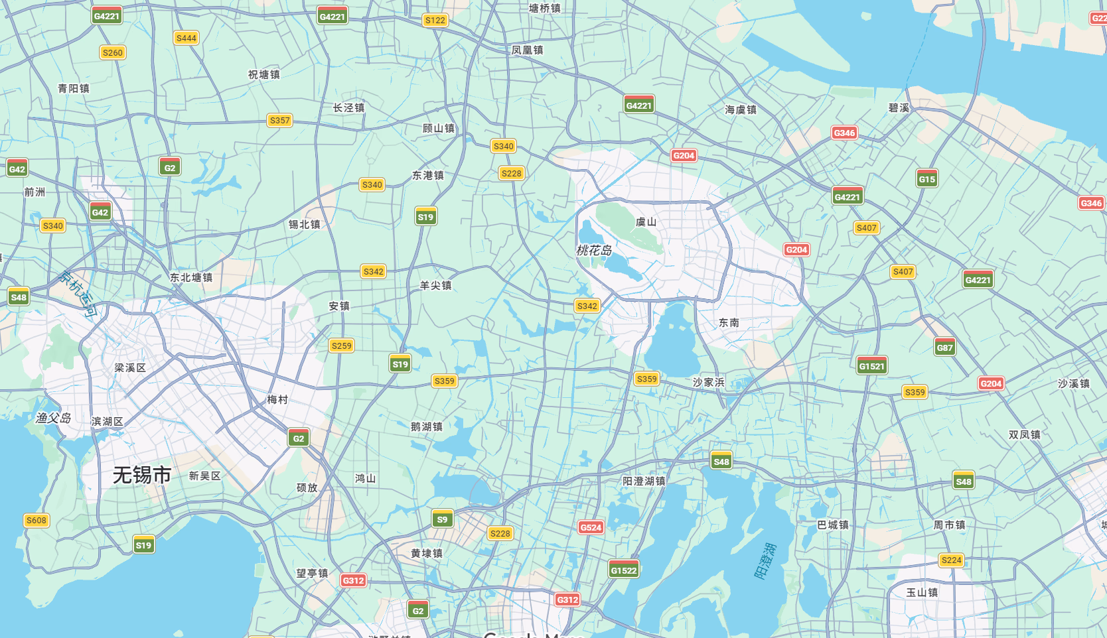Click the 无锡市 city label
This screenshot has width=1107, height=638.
click(142, 475)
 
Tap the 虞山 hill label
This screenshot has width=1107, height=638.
click(646, 222)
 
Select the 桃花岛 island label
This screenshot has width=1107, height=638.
click(594, 250)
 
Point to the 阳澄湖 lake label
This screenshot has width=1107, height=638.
click(765, 560)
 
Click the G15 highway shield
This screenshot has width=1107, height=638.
click(926, 179)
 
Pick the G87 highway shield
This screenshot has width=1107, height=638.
click(944, 348)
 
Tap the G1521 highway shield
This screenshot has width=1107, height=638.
click(871, 366)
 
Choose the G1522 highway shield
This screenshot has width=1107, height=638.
click(623, 570)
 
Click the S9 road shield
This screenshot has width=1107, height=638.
click(442, 519)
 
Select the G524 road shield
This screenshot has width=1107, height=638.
click(591, 527)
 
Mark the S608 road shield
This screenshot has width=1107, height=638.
click(37, 520)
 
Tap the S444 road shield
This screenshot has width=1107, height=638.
click(186, 38)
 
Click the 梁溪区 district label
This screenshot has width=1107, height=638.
click(130, 367)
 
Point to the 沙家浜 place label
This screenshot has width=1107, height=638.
click(709, 382)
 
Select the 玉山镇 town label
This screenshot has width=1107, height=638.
click(922, 592)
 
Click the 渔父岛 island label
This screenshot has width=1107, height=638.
click(53, 418)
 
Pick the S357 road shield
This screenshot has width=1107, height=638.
click(279, 120)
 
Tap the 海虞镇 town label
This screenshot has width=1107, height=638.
click(741, 109)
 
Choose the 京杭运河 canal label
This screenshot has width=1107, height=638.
click(78, 294)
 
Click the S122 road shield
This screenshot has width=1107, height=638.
click(435, 21)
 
